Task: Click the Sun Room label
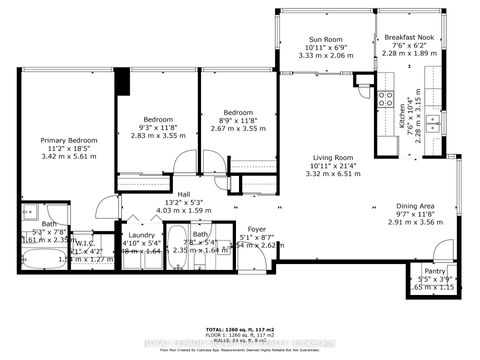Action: point(327,40)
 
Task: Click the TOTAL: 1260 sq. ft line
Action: point(240,329)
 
